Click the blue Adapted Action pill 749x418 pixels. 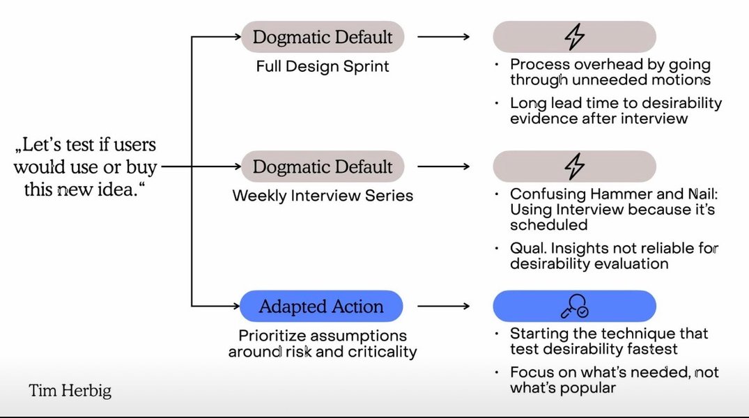(x=321, y=307)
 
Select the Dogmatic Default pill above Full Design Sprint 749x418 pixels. (x=323, y=37)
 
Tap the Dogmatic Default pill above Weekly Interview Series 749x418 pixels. (x=323, y=167)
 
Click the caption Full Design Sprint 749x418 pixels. (x=323, y=68)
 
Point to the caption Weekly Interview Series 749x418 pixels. (x=323, y=196)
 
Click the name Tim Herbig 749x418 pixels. (x=70, y=391)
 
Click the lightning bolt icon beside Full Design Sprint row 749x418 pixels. (x=574, y=37)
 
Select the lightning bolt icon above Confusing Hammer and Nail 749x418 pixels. (x=574, y=167)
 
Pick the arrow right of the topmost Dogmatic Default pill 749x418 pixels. (x=444, y=37)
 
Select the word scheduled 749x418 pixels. (x=548, y=225)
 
